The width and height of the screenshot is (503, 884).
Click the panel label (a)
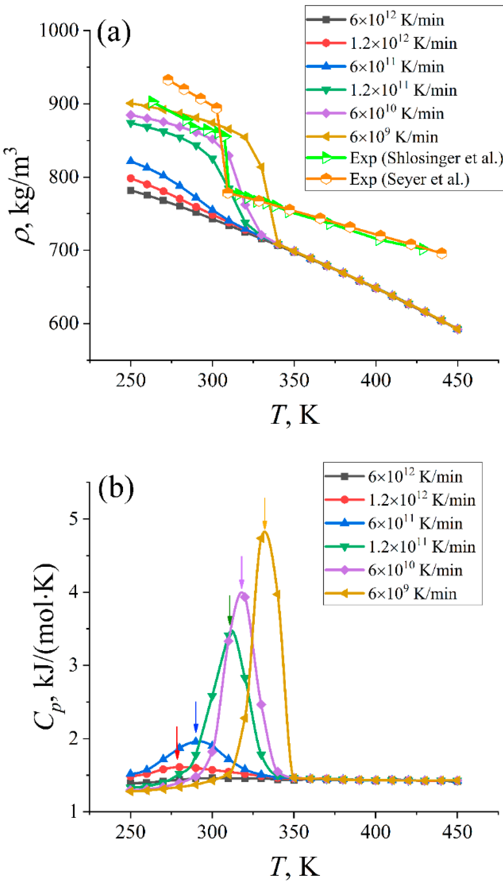coord(114,33)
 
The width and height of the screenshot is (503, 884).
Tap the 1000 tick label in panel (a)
coord(59,30)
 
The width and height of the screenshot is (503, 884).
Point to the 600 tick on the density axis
coord(64,323)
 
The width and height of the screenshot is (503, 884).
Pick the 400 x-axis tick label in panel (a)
coord(376,380)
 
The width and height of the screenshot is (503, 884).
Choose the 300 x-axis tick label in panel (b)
coord(212,832)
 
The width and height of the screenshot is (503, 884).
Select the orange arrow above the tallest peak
coord(265,513)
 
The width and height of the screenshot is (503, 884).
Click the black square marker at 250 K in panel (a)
coord(131,190)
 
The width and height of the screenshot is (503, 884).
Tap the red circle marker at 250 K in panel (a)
coord(131,178)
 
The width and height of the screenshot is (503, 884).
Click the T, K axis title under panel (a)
coord(294,414)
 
